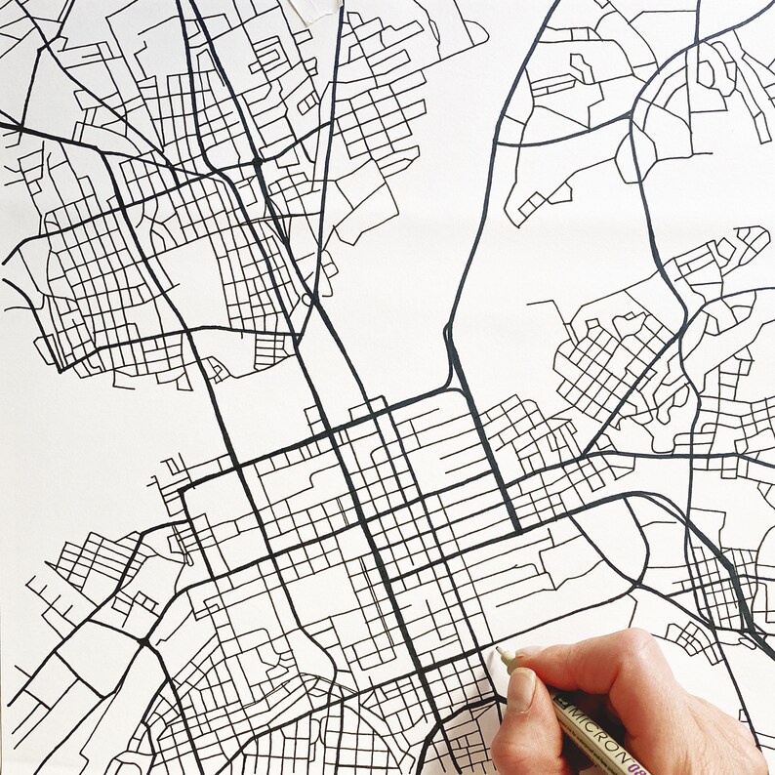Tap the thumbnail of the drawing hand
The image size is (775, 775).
point(520,690)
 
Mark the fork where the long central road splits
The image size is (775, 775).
point(449,337)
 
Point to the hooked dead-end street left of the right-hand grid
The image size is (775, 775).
point(543,305)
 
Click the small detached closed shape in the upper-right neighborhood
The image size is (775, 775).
point(580,68)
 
